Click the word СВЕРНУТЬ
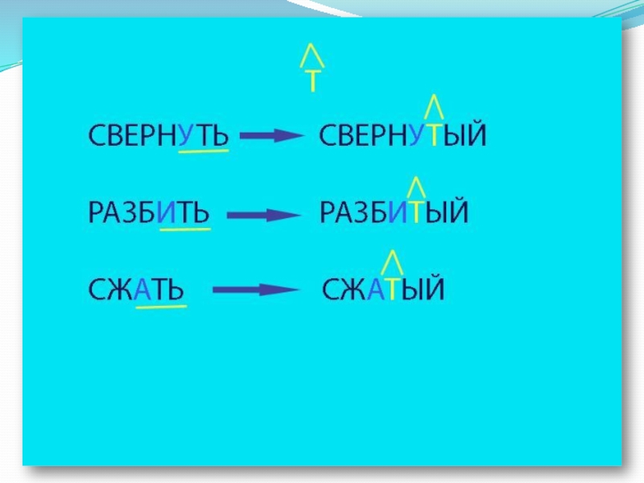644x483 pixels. pos(158,134)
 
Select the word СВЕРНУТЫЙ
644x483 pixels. pos(403,134)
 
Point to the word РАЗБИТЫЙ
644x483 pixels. pos(394,213)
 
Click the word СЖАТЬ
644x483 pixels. pos(136,289)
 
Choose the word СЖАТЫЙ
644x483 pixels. pos(383,289)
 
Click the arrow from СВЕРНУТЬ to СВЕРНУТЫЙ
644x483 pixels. pos(271,136)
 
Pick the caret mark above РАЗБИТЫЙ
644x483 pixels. pos(417,186)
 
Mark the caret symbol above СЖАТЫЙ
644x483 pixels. pos(391,262)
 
